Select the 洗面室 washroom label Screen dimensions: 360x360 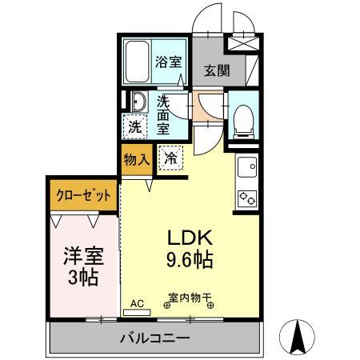[x=163, y=114]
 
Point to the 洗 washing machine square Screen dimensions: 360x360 [x=134, y=126]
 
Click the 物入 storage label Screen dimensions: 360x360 [x=137, y=158]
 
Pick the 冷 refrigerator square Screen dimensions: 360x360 [x=170, y=158]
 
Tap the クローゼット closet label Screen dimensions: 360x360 [x=83, y=195]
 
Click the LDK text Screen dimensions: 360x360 [x=190, y=238]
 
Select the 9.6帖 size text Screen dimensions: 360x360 [x=190, y=260]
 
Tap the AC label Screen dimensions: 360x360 [x=137, y=302]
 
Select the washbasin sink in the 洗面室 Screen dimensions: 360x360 [x=137, y=103]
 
